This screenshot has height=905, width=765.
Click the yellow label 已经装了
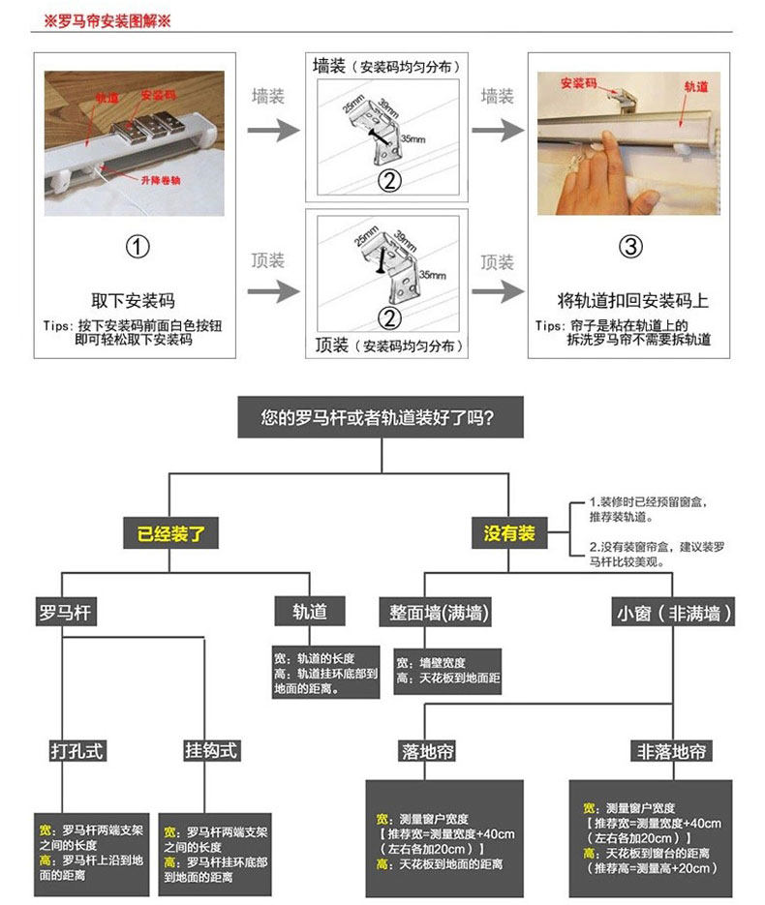click(170, 533)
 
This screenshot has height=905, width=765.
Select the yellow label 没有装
click(509, 533)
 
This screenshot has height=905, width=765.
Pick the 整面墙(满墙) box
click(439, 613)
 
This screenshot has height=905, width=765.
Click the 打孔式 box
click(76, 751)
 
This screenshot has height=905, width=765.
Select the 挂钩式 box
click(210, 751)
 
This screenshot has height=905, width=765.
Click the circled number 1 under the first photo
click(138, 248)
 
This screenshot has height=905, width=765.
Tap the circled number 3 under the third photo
click(630, 248)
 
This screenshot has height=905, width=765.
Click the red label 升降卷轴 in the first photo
click(160, 181)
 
